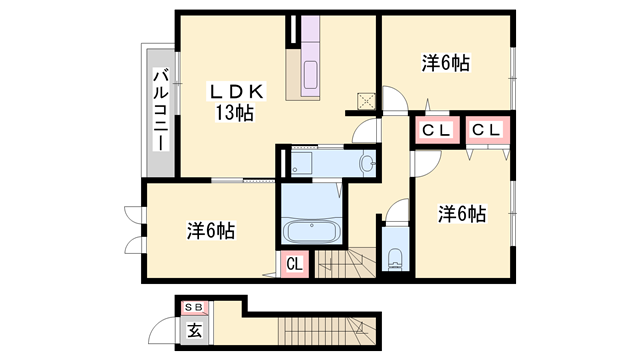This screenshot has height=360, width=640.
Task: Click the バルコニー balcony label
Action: coord(158,109)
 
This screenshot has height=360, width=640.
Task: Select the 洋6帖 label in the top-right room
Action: coord(444,63)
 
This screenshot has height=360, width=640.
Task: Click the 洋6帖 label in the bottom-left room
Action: coord(210,230)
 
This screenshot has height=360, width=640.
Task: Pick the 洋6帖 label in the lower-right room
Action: coord(461,214)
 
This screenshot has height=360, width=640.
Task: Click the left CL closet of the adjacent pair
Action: coord(433,130)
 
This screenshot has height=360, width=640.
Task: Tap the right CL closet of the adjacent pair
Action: coord(487,130)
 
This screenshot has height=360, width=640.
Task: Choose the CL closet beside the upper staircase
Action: coord(295,264)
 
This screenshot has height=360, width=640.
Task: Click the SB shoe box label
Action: coord(193,307)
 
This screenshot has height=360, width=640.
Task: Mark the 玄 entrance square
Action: coord(194,329)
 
